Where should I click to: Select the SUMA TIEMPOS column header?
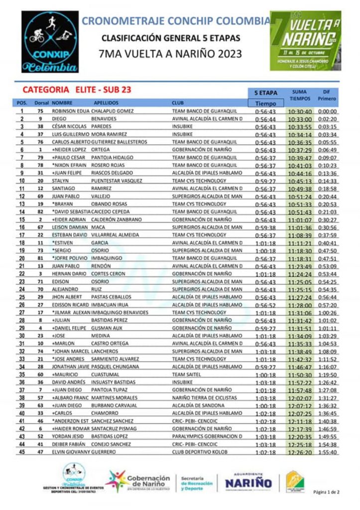point(299,95)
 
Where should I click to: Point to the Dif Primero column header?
point(327,95)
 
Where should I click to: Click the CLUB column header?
point(178,103)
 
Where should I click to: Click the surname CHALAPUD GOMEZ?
point(112,112)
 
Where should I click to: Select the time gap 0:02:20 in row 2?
point(328,120)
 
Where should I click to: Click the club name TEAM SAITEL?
point(186,375)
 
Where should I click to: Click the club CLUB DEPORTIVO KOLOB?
point(200,452)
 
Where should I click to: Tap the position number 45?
point(22,452)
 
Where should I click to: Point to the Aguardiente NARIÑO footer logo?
point(248,481)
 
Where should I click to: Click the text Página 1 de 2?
point(326,492)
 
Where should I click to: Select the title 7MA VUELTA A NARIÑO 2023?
point(171,54)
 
